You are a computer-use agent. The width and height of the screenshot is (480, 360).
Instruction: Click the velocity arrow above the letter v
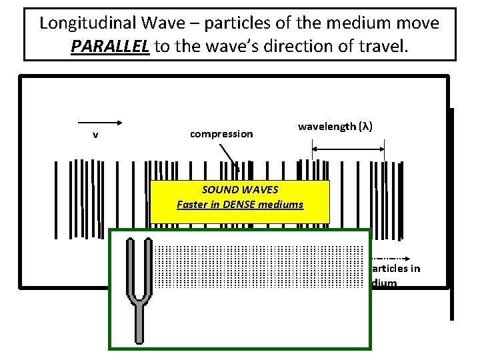click(99, 122)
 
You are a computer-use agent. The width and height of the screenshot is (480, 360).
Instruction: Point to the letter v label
click(95, 134)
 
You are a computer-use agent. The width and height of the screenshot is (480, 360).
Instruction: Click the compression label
click(221, 134)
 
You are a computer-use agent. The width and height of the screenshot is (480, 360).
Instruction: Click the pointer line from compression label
click(230, 160)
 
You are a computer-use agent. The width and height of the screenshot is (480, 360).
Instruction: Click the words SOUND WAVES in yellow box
click(240, 189)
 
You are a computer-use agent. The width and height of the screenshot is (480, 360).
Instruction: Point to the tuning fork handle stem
click(141, 324)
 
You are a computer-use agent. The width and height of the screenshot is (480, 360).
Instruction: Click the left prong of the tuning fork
click(129, 267)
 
